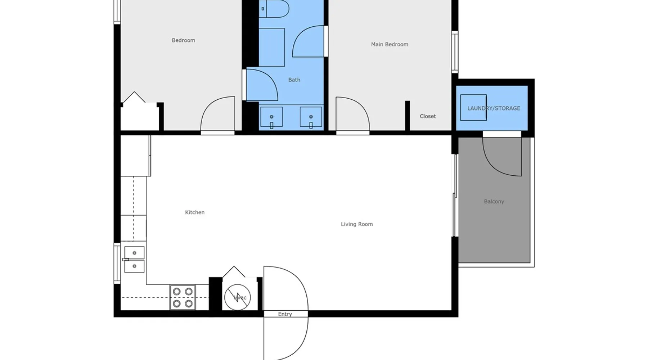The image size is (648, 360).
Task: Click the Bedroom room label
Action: pos(183,40)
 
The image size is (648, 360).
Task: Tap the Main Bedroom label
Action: pos(390,44)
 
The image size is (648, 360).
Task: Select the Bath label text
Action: pos(294,80)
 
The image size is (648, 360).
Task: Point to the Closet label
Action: pos(428,116)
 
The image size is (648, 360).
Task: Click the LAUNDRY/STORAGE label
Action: pos(494,108)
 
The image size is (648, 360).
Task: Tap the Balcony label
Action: pos(494,202)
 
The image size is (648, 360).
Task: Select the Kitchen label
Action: pos(195,212)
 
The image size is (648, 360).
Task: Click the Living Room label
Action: pos(357,224)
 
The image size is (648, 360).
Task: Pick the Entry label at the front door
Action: pos(285,314)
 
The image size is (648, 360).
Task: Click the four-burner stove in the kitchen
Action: pos(183,297)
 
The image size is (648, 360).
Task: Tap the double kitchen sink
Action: pos(134,260)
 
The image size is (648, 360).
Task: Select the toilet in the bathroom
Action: pos(274,9)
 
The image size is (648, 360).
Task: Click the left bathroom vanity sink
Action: pos(271,117)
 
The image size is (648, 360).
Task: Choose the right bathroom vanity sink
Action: pos(311,117)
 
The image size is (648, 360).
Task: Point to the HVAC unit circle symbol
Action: pos(238,297)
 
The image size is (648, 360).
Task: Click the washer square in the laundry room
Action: pos(473,108)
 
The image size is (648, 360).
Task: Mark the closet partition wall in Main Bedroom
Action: pos(408,116)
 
